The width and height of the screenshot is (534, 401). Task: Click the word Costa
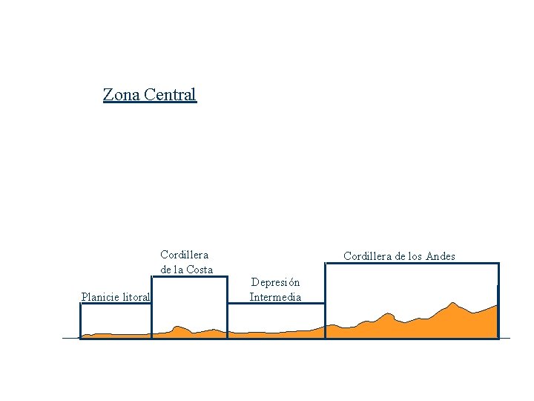(x=198, y=270)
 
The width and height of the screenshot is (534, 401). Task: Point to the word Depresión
(x=275, y=282)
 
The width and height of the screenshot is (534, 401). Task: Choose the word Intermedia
(x=275, y=298)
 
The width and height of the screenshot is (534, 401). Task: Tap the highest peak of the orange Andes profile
(x=452, y=304)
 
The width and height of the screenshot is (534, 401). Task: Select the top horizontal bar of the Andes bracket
(x=412, y=264)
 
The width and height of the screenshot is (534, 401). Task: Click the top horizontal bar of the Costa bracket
(x=189, y=277)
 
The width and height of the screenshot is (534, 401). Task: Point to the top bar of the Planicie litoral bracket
(x=116, y=305)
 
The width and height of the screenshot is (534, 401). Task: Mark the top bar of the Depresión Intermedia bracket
(x=276, y=305)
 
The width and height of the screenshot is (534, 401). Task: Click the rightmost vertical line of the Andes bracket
(x=498, y=301)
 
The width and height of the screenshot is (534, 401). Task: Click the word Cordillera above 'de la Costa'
(x=184, y=255)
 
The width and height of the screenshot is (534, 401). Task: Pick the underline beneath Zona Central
(x=150, y=102)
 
